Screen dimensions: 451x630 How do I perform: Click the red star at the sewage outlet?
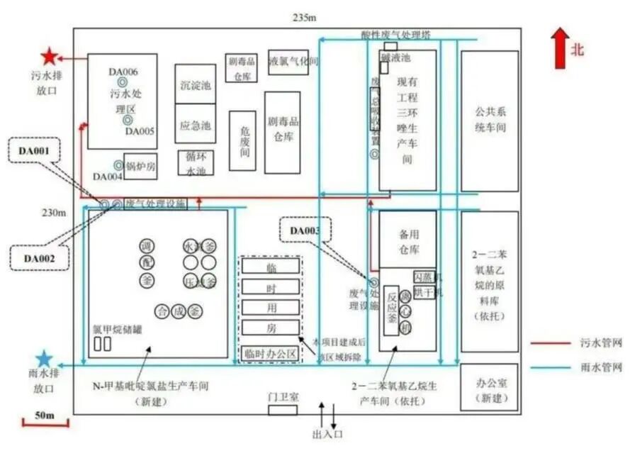(x=49, y=57)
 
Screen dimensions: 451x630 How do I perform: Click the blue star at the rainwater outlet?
(x=44, y=360)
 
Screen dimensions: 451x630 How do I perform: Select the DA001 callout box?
(x=35, y=150)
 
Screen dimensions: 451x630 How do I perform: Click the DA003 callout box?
(x=305, y=230)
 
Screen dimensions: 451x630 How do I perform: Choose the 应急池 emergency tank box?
(x=195, y=126)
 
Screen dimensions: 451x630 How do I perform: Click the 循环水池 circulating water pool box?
(x=195, y=164)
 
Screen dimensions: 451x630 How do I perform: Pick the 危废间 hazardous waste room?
(x=242, y=140)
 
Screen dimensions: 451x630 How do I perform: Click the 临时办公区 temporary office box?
(x=269, y=352)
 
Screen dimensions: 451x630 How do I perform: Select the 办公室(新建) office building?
(x=489, y=387)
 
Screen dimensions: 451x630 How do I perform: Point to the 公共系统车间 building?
(x=489, y=121)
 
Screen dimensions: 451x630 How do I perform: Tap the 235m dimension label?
(x=303, y=17)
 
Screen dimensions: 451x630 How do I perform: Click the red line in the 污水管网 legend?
(x=554, y=343)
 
